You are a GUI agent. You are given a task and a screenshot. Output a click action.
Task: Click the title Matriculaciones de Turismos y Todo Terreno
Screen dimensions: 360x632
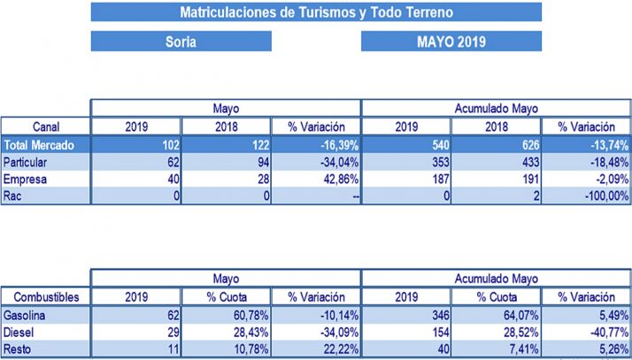tap(316, 12)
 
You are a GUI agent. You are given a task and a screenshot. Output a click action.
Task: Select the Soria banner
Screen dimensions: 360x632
tap(181, 42)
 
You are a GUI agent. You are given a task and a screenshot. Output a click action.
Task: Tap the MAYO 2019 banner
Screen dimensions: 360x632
tap(451, 42)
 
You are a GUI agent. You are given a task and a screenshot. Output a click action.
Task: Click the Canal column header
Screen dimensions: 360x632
tap(45, 126)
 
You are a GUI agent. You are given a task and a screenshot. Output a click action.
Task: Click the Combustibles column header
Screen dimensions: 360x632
tap(45, 296)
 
